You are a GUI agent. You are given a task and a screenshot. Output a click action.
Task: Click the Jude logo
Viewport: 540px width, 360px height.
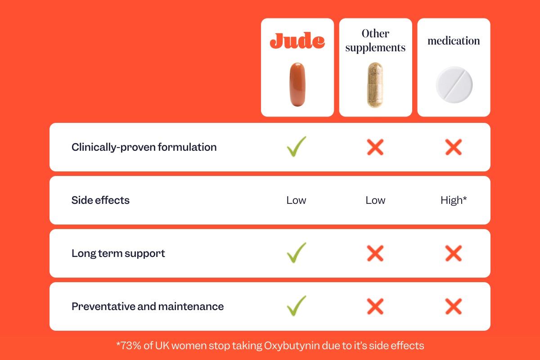pos(297,40)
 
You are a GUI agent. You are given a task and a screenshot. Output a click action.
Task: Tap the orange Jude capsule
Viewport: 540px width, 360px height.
pos(297,85)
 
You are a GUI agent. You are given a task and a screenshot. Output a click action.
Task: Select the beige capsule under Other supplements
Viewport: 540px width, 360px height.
pos(375,85)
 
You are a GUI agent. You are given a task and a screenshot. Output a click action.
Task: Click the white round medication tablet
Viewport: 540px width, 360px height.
pos(454,85)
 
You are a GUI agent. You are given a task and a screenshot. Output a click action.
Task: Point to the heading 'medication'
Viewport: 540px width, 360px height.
pos(454,41)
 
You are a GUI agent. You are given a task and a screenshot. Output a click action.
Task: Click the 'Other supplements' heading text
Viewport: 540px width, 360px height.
pos(375,40)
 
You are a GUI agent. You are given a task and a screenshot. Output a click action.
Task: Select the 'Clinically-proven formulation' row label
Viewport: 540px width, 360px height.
pos(144,147)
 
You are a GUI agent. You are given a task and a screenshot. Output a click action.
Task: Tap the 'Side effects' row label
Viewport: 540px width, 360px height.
pos(100,200)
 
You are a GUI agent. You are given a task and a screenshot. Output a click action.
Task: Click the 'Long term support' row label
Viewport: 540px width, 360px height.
pos(118,253)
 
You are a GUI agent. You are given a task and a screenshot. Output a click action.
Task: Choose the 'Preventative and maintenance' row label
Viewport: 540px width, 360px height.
pos(148,306)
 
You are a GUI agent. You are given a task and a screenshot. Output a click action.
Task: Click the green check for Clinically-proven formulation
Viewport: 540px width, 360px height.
pos(297,147)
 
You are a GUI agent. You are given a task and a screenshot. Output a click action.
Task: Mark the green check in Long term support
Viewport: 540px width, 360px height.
pos(297,253)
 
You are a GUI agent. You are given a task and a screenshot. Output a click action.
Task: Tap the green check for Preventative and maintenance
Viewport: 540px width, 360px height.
pos(297,306)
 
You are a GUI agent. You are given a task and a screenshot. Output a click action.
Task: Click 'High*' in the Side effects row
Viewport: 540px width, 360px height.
pos(454,200)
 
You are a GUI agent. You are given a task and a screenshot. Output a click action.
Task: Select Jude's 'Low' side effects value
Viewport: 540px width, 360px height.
pos(296,200)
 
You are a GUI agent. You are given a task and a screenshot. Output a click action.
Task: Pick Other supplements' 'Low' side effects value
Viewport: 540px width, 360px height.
pos(375,200)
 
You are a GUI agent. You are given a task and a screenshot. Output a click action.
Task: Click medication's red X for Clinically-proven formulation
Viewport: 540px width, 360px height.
pos(454,147)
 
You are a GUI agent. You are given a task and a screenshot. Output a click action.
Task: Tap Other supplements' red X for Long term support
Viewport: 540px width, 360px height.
pos(375,253)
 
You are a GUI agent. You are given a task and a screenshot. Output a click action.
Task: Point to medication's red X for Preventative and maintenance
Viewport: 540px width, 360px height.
pos(454,306)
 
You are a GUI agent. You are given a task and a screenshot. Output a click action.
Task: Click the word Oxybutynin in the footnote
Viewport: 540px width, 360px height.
pos(292,346)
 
